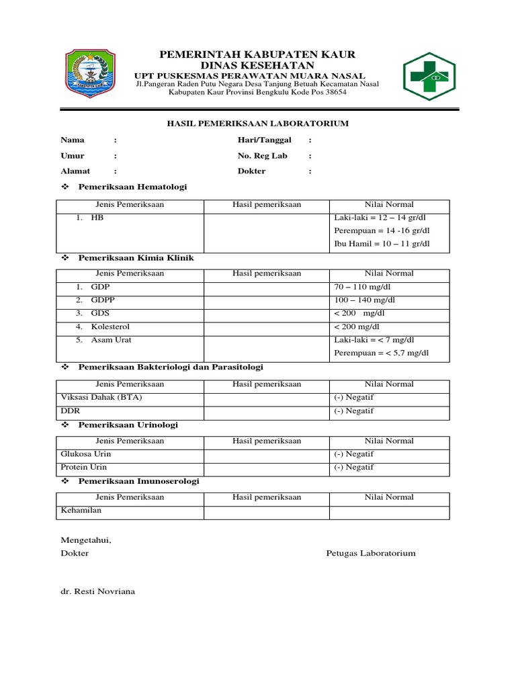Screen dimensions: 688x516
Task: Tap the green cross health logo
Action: click(x=429, y=77)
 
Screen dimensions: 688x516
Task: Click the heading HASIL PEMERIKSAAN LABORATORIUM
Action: click(x=258, y=124)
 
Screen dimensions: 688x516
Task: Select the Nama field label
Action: click(x=73, y=140)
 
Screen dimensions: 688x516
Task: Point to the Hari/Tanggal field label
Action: click(x=264, y=140)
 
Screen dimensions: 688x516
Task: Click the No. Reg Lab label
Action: click(x=262, y=155)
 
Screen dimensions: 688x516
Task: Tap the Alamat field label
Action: click(x=75, y=171)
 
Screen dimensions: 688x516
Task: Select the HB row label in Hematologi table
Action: click(x=98, y=218)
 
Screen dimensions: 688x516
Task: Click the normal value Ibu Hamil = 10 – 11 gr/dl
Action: click(x=381, y=243)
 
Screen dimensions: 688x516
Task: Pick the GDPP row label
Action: click(x=103, y=300)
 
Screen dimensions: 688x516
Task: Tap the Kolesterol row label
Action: click(x=112, y=327)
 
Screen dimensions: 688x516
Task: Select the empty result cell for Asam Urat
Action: click(x=266, y=346)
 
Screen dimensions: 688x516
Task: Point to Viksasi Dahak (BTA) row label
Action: click(x=101, y=397)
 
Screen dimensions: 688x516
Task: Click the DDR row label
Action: click(x=71, y=411)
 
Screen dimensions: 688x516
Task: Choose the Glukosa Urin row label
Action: click(x=85, y=454)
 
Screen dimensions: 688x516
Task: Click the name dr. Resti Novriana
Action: click(x=97, y=591)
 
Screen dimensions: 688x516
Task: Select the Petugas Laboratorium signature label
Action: click(x=370, y=553)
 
